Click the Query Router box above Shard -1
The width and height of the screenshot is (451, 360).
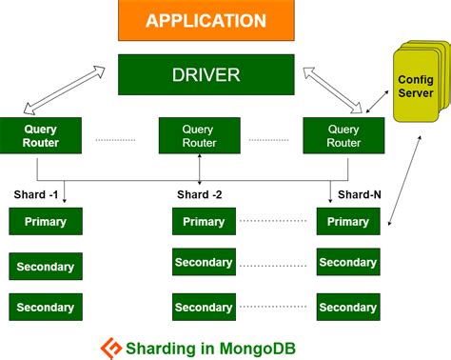[36, 136]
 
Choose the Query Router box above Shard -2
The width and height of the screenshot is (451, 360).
[199, 136]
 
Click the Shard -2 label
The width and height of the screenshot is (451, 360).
[199, 195]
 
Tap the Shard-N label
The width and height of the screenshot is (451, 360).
[358, 195]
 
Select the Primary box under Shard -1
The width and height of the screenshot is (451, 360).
[45, 222]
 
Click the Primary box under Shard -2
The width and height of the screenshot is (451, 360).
[203, 222]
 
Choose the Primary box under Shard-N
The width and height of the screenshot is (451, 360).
[347, 222]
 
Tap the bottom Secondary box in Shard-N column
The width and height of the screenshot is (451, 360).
[347, 307]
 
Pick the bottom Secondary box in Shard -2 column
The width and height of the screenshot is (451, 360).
[203, 307]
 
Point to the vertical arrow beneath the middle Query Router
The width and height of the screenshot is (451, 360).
[199, 168]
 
